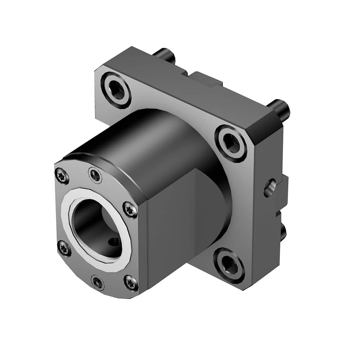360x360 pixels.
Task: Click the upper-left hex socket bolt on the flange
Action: (116, 90)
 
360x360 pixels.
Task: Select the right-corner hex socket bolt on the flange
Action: (231, 143)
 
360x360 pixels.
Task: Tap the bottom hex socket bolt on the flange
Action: (229, 265)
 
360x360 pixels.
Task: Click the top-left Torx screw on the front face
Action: (62, 176)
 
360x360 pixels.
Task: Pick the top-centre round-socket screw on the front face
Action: (95, 176)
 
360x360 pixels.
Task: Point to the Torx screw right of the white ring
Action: (130, 210)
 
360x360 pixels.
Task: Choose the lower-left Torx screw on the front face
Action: (64, 248)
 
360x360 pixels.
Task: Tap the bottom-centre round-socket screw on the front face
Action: (98, 282)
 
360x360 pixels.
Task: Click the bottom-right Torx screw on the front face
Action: (131, 283)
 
